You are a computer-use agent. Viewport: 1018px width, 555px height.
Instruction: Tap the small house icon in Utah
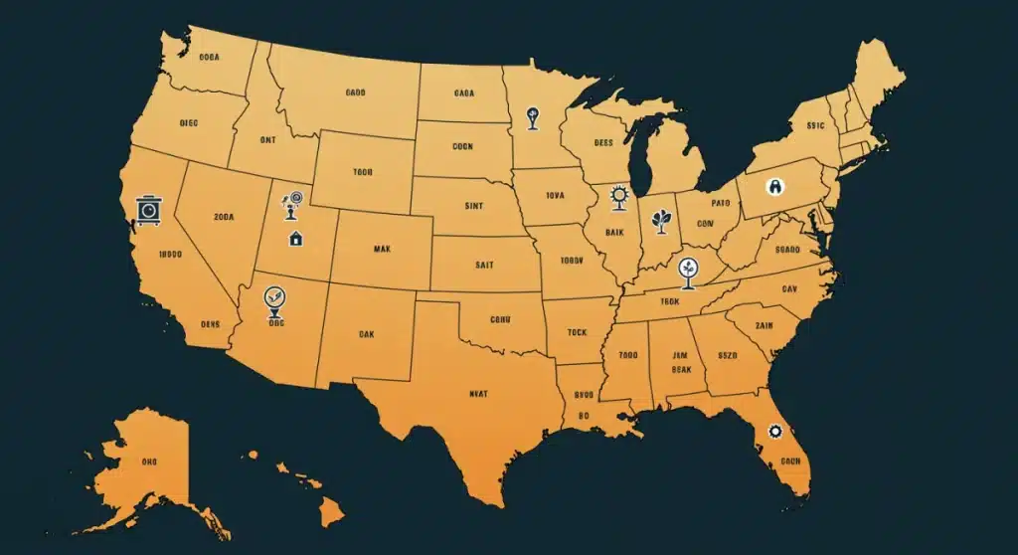pos(295,238)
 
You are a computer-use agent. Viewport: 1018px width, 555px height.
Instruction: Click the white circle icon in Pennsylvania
pos(774,186)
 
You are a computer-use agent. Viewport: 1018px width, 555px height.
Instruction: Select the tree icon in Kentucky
pos(687,269)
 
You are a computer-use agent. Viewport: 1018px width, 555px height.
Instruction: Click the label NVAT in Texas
pos(478,394)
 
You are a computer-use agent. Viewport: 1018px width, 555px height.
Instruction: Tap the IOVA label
pos(555,196)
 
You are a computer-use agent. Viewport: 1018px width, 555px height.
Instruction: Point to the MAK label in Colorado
pos(383,249)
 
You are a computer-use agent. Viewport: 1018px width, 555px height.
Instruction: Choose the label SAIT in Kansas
pos(484,265)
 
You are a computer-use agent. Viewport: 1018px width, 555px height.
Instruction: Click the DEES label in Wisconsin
pos(603,143)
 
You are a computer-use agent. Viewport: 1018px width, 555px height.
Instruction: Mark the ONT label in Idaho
pos(268,141)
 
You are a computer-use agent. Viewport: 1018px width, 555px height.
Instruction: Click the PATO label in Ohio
pos(706,203)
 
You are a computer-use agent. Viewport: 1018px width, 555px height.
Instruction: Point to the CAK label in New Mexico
pos(366,335)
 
